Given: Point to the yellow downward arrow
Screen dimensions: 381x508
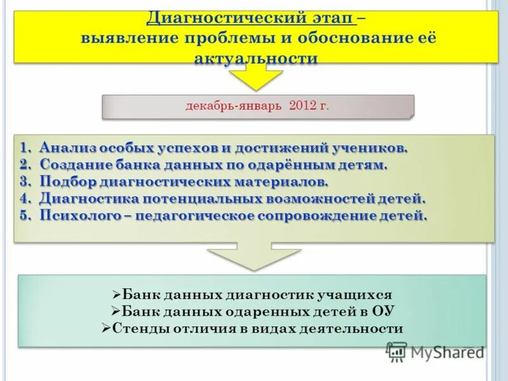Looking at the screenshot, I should [255, 77].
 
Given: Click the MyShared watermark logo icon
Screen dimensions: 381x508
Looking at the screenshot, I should [397, 352].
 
